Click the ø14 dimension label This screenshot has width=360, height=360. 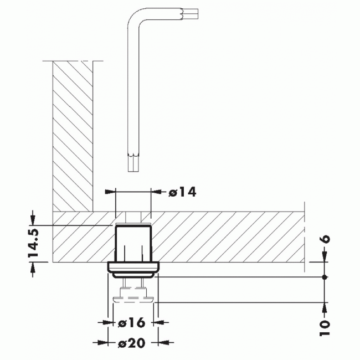181,192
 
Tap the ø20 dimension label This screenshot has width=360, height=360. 131,343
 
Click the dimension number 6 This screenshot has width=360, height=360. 325,239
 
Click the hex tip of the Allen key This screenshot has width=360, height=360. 132,164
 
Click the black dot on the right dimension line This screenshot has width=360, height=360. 325,276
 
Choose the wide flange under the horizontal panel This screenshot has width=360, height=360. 132,270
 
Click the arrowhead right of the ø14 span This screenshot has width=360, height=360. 156,192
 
